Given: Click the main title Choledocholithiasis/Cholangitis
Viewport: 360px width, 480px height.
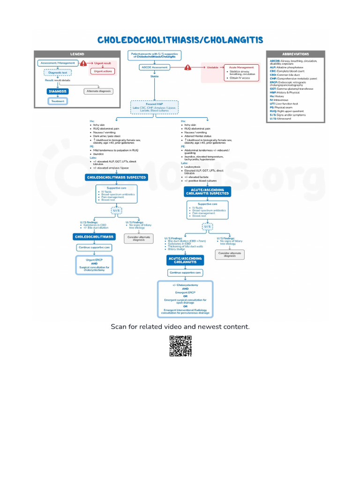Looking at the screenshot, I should tap(180, 40).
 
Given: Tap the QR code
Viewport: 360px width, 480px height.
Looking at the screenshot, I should tap(180, 346).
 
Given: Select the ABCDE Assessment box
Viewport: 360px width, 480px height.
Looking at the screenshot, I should tap(154, 67).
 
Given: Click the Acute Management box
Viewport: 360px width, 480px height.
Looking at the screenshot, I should tap(241, 73).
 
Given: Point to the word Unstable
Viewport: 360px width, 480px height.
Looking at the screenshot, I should tap(212, 67).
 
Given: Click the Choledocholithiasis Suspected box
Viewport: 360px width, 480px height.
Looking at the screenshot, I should tap(116, 177).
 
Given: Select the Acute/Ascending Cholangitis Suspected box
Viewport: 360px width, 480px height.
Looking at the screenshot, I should tap(207, 191).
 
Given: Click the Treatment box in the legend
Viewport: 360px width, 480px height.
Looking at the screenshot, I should tap(57, 101).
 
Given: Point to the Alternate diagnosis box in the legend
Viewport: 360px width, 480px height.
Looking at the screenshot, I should tap(98, 91).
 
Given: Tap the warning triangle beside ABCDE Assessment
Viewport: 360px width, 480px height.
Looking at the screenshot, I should tap(187, 67).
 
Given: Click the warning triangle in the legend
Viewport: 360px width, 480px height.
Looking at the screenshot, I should tap(83, 63).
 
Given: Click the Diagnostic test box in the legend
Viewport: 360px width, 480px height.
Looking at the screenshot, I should tap(57, 72).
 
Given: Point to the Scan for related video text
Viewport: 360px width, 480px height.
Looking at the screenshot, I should tap(180, 327).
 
